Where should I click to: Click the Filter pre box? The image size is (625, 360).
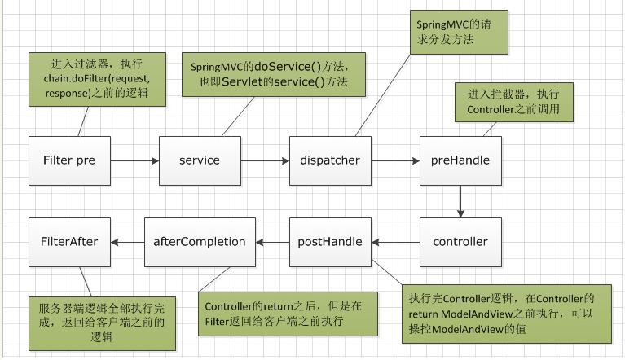tap(68, 160)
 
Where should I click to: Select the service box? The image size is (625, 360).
tap(199, 160)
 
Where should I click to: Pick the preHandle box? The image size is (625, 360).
tap(460, 160)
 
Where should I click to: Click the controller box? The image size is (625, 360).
tap(460, 242)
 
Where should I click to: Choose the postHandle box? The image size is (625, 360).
tap(330, 242)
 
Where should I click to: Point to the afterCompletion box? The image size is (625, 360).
tap(199, 242)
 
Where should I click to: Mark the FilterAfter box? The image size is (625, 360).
tap(68, 242)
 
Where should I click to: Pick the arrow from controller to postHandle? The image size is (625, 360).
tap(395, 242)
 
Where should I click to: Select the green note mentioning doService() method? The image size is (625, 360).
tap(272, 73)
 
